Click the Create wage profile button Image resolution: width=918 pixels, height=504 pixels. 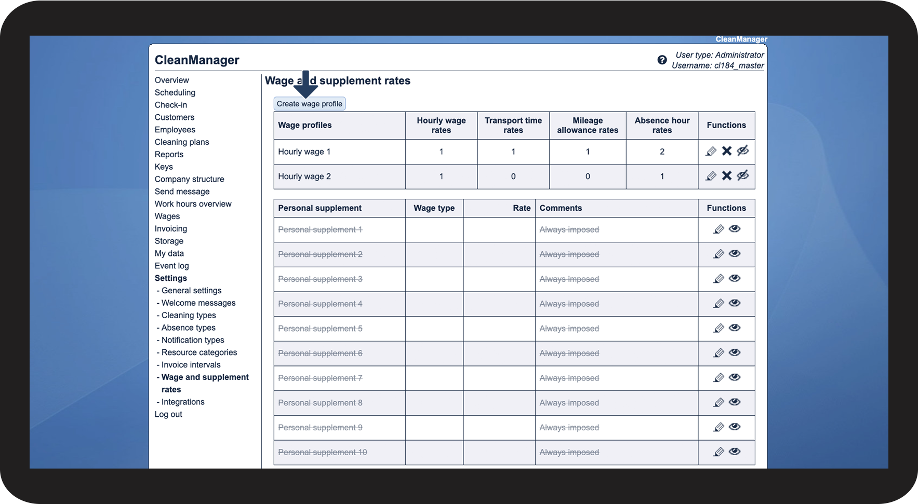[309, 104]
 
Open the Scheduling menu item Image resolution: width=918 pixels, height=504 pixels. [175, 92]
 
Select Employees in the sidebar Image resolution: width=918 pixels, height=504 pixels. [175, 130]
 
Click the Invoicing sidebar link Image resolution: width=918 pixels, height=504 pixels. [171, 228]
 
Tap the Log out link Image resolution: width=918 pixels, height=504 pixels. [168, 414]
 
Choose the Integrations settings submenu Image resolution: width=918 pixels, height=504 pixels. [183, 402]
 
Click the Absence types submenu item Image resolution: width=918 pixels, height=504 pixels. [188, 328]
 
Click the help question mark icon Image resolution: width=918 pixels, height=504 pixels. [662, 60]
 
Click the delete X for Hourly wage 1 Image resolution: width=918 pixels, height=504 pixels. [727, 151]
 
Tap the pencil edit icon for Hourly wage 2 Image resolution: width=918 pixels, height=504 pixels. [711, 176]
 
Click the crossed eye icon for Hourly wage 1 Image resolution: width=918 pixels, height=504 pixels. [743, 151]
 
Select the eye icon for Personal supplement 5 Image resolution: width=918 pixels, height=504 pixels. [735, 328]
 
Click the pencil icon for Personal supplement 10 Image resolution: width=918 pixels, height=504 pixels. [719, 452]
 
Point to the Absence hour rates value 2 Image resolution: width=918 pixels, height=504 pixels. [662, 152]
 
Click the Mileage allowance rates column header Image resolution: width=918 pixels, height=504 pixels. [588, 125]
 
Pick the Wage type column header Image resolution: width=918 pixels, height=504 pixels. [434, 208]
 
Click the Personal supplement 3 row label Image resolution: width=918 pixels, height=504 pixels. [320, 279]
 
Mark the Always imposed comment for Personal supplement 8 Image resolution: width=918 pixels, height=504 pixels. [569, 403]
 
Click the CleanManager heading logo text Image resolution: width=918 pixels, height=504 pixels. [197, 60]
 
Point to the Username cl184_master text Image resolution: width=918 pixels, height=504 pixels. [717, 66]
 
